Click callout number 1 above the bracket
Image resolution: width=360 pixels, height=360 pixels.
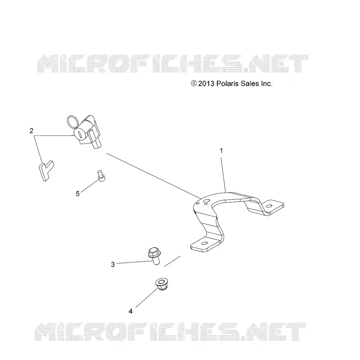[221, 151]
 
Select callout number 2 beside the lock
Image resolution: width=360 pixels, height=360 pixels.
[31, 130]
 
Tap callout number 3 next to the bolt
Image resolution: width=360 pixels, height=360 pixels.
[113, 265]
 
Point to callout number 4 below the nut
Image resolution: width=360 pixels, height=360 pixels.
[130, 311]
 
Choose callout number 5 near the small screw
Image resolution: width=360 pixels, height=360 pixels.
[77, 194]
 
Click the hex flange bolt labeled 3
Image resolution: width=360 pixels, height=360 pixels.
[154, 256]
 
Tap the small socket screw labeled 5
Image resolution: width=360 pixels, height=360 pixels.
[101, 176]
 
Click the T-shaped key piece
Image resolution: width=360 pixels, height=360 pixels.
[46, 171]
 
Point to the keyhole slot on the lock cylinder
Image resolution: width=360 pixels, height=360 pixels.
[80, 134]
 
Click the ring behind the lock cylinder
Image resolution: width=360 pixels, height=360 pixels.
[73, 121]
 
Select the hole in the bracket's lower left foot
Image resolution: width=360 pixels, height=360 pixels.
[204, 243]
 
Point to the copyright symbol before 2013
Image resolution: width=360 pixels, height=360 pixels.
[194, 83]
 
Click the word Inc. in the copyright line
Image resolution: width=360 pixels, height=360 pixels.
[266, 84]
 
